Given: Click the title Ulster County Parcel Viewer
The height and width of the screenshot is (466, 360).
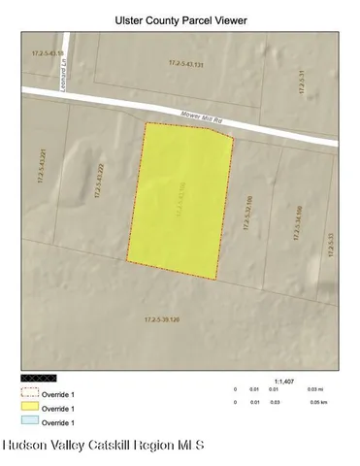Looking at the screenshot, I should click(180, 19).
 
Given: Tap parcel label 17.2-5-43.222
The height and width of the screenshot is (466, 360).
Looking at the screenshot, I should click(101, 182).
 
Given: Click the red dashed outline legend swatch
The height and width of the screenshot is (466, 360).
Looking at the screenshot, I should click(29, 394).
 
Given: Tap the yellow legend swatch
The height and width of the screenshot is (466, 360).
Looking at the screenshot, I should click(29, 408).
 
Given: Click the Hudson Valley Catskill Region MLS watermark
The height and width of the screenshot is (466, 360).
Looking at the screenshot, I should click(103, 447).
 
